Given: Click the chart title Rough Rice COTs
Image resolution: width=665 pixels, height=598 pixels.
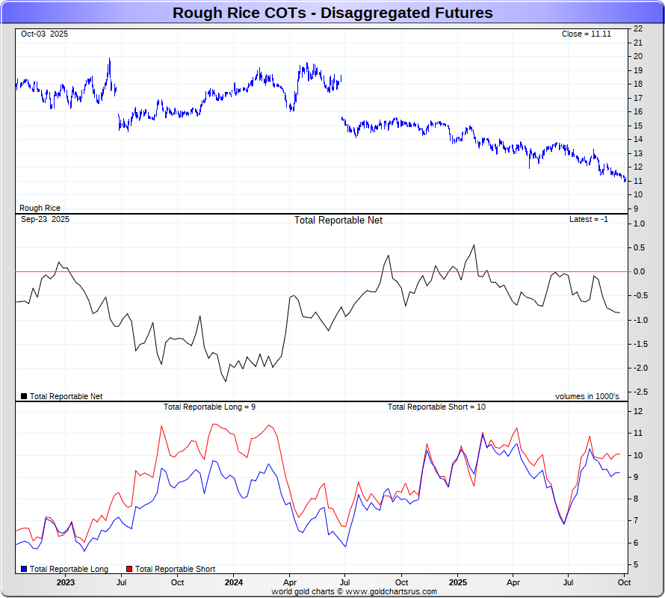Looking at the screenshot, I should pyautogui.click(x=332, y=13).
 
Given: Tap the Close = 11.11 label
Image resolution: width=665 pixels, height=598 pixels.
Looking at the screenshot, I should pyautogui.click(x=587, y=34).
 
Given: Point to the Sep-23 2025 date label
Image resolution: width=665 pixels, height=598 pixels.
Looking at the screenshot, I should pyautogui.click(x=45, y=220).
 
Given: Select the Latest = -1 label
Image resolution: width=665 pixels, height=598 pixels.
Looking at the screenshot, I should pyautogui.click(x=589, y=220).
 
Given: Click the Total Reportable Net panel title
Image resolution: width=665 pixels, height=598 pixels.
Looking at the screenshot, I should pyautogui.click(x=338, y=221).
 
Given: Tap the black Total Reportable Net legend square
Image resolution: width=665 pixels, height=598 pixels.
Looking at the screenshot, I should pyautogui.click(x=24, y=396).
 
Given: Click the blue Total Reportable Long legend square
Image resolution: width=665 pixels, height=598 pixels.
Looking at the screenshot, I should pyautogui.click(x=24, y=570).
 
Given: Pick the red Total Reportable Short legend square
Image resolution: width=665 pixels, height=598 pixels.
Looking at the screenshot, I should pyautogui.click(x=129, y=570).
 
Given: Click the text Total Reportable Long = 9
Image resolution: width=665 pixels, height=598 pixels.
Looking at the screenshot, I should pyautogui.click(x=210, y=407).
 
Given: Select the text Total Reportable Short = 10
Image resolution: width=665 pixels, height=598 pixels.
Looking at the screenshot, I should pyautogui.click(x=436, y=407).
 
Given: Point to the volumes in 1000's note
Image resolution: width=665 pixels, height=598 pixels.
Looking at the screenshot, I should pyautogui.click(x=587, y=396).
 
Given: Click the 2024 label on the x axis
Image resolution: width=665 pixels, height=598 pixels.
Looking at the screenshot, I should pyautogui.click(x=234, y=582).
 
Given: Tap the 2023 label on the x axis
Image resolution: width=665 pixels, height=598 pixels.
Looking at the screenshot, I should pyautogui.click(x=66, y=582).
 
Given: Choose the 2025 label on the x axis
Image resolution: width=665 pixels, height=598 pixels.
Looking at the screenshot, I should pyautogui.click(x=457, y=582).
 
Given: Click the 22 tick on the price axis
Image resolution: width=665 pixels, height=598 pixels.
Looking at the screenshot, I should pyautogui.click(x=638, y=28).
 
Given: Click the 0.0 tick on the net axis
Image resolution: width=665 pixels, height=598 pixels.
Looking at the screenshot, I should pyautogui.click(x=639, y=271).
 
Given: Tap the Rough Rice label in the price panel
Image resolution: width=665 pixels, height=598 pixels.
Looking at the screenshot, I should pyautogui.click(x=40, y=209).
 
